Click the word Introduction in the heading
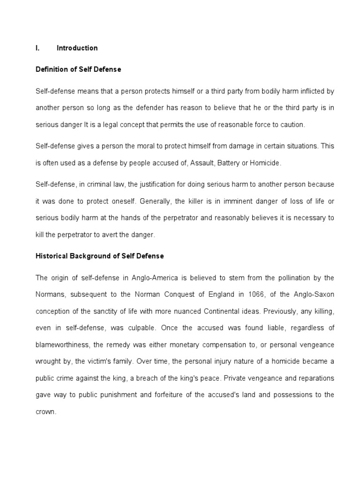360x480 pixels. pyautogui.click(x=77, y=48)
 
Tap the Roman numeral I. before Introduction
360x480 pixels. pyautogui.click(x=38, y=48)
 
